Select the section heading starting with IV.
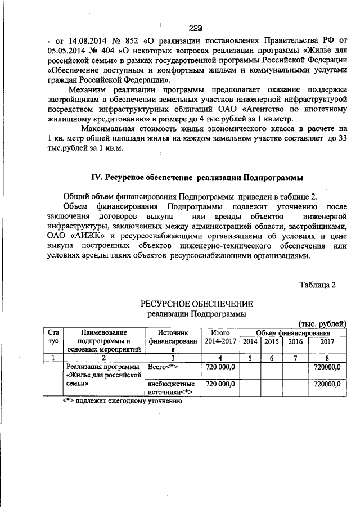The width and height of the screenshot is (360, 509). [x=197, y=178]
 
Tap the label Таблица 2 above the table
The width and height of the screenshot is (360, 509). [x=317, y=285]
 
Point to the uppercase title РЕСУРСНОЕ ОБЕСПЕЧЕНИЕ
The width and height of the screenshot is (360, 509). [x=197, y=304]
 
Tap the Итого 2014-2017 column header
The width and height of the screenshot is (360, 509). [x=220, y=337]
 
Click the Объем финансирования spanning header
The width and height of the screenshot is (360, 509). [x=292, y=332]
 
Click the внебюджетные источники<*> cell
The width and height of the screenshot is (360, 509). [x=170, y=388]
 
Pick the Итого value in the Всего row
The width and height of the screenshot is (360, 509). [x=220, y=367]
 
